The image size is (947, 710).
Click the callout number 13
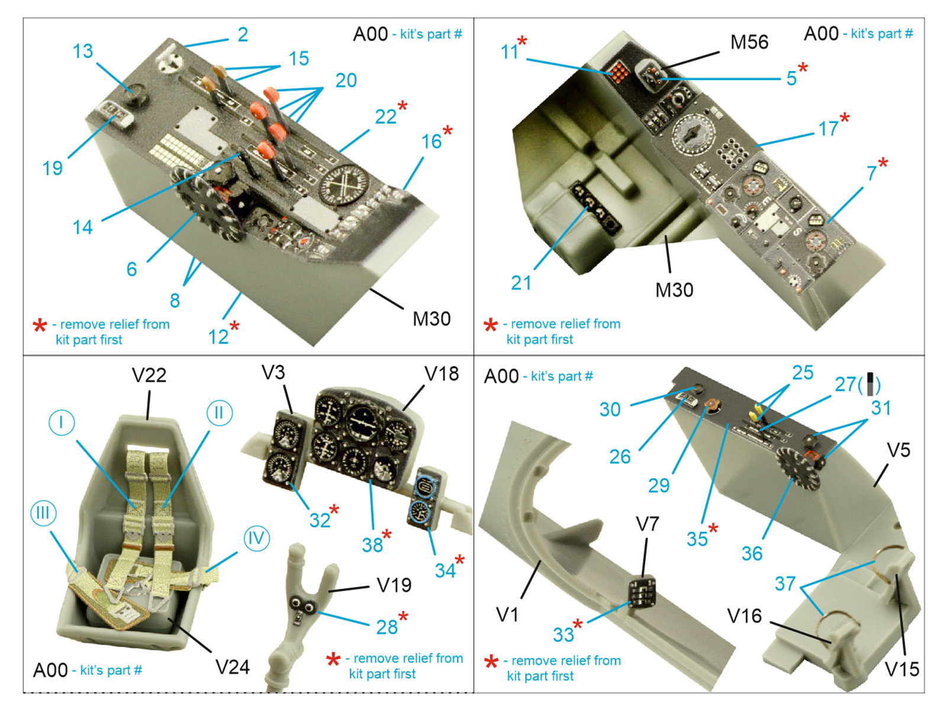[x=83, y=51]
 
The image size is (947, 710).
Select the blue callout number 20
[x=346, y=80]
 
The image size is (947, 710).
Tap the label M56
[x=749, y=43]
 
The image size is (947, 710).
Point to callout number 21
[x=521, y=283]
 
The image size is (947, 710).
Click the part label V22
[x=149, y=375]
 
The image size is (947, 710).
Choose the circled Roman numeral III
[x=43, y=513]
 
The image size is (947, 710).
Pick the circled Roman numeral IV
[x=256, y=538]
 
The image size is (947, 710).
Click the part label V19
[x=394, y=585]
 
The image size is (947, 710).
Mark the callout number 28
[x=387, y=627]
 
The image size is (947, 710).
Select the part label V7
[x=647, y=524]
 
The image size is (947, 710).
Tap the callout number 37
[x=785, y=584]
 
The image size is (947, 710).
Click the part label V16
[x=745, y=617]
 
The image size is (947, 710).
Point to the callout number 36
[x=752, y=554]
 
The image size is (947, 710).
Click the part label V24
[x=232, y=667]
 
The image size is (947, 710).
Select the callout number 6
[x=131, y=270]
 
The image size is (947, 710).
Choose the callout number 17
[x=828, y=129]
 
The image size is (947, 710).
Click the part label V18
[x=442, y=374]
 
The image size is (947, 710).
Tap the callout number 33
[x=563, y=635]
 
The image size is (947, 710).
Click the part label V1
[x=507, y=615]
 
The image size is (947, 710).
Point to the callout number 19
[x=52, y=169]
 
